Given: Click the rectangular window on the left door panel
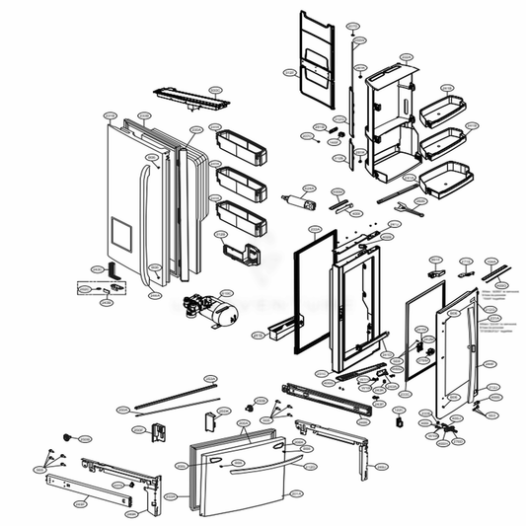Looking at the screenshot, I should pyautogui.click(x=119, y=235).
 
